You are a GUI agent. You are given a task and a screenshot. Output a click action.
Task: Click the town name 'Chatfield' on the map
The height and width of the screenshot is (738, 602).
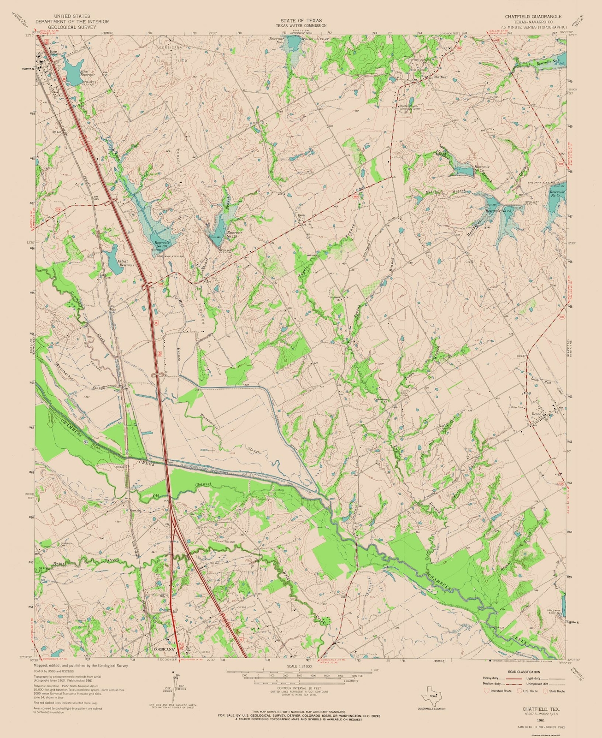(x=441, y=77)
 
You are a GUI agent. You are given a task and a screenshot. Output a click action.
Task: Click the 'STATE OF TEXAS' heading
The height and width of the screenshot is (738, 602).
(x=301, y=21)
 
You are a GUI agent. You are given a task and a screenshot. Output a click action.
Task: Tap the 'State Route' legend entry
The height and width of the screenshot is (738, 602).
(x=557, y=691)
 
